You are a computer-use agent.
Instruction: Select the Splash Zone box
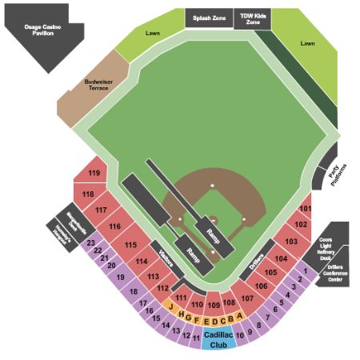(208, 18)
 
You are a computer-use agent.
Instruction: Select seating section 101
(305, 208)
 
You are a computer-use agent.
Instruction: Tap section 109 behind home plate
(214, 304)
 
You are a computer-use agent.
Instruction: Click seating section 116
(114, 227)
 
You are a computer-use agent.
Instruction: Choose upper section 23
(91, 242)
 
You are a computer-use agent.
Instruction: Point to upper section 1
(305, 270)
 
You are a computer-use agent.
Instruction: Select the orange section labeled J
(170, 305)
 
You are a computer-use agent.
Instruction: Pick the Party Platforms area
(338, 173)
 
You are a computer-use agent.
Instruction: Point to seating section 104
(280, 258)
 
